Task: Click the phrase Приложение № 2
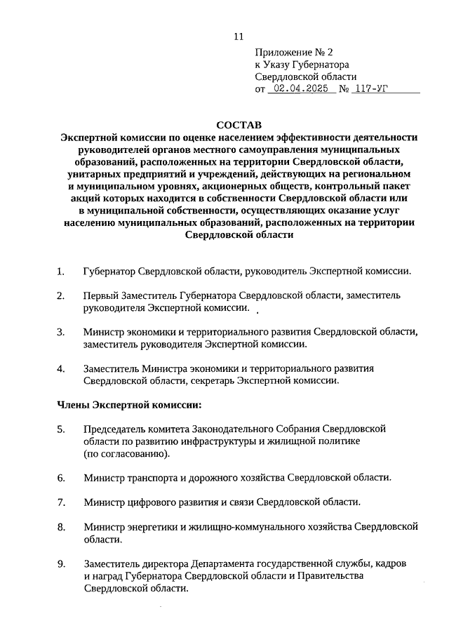(x=293, y=52)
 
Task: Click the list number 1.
(x=60, y=271)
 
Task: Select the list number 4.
(x=61, y=368)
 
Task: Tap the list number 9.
(x=61, y=563)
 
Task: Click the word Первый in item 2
(x=100, y=295)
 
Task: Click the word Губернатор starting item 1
(x=109, y=271)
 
